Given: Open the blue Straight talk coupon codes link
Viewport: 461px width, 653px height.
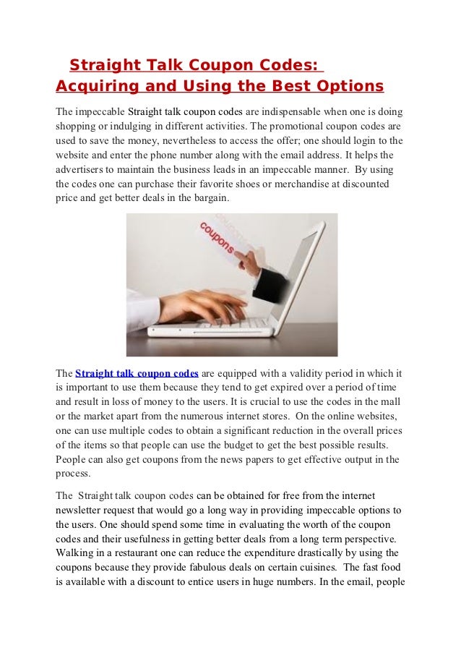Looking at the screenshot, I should point(137,374).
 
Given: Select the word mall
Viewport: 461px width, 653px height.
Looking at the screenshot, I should point(391,402).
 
